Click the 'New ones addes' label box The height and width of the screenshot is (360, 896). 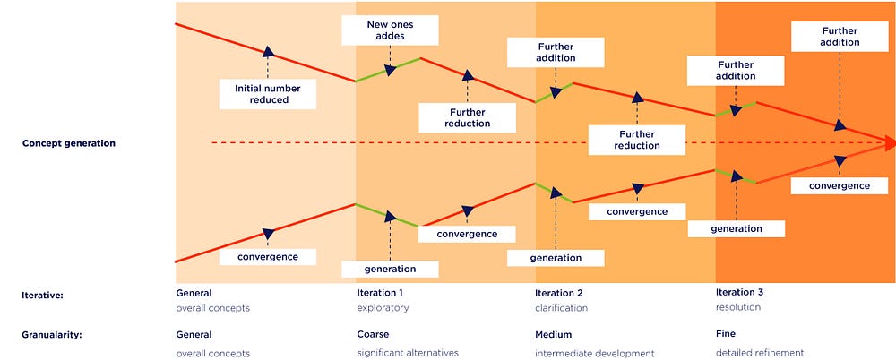[x=390, y=30]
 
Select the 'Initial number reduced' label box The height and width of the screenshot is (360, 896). [x=267, y=94]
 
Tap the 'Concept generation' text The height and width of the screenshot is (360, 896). [x=69, y=143]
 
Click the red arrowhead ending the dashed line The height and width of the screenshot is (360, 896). [x=889, y=142]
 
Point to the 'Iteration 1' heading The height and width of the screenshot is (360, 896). [x=380, y=293]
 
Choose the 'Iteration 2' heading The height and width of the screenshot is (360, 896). [x=559, y=293]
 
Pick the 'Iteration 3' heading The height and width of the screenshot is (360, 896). [x=739, y=292]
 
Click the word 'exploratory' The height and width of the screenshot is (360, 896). [x=383, y=308]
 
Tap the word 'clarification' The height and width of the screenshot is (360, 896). [x=561, y=308]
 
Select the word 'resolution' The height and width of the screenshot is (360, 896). [x=738, y=307]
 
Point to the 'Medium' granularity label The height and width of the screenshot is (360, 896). [x=553, y=334]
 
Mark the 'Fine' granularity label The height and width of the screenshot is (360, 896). [x=726, y=333]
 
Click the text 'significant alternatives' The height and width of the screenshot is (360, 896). [x=408, y=353]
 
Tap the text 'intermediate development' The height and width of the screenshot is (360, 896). [x=595, y=353]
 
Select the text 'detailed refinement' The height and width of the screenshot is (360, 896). [x=760, y=353]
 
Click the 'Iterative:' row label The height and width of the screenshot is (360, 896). [x=42, y=296]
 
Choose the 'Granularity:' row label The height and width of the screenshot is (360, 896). [x=52, y=335]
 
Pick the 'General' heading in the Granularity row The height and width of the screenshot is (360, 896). [x=194, y=334]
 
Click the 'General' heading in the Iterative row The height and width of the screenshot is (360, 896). [x=194, y=293]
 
